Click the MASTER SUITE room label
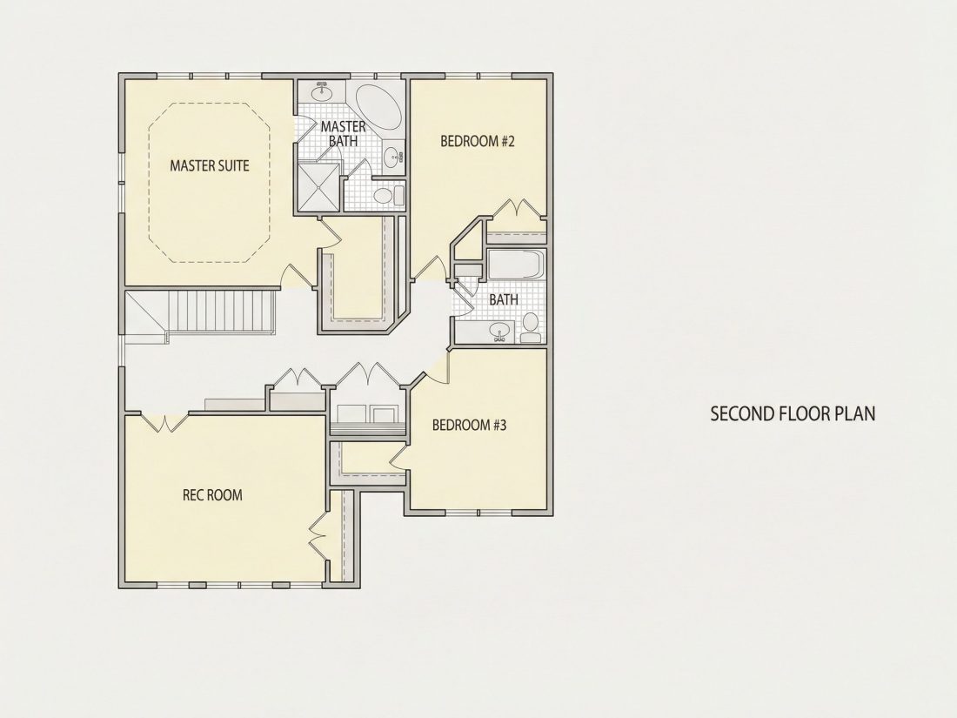210,165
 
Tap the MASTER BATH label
343,134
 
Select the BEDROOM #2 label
478,142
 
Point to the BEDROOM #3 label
469,425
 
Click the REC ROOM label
212,495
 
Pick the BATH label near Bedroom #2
504,299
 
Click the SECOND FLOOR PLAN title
793,413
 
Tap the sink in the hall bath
500,332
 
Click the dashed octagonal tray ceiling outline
209,183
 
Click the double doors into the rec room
164,422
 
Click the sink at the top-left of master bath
321,93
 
